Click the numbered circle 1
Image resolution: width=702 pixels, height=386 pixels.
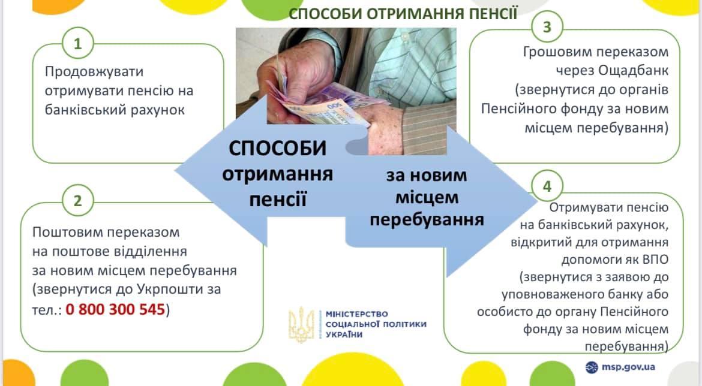tap(78, 43)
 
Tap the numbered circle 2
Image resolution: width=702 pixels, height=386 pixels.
tap(78, 201)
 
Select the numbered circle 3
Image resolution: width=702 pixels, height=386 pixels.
tap(547, 27)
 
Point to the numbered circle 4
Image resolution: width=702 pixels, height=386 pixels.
tap(547, 186)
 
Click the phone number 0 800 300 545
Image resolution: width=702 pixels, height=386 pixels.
tap(116, 309)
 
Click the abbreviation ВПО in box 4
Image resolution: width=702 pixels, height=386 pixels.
tap(653, 260)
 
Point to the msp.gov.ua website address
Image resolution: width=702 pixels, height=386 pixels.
tap(628, 367)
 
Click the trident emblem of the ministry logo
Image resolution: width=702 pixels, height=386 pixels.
tap(301, 324)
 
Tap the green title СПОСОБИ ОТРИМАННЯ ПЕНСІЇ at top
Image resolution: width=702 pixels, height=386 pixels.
tap(403, 13)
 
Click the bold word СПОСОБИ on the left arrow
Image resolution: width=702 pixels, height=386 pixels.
tap(278, 149)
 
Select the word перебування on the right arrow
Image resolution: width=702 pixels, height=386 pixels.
tap(427, 219)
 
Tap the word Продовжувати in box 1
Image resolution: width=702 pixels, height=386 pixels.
tap(94, 71)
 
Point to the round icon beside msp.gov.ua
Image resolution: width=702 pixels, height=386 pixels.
tap(592, 367)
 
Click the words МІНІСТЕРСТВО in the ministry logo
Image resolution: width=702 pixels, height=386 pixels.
tap(357, 314)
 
